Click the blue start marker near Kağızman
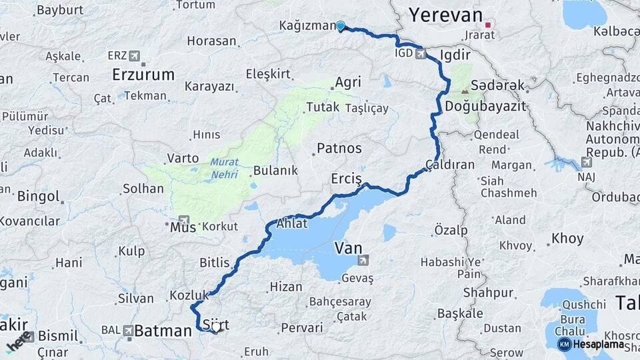341,26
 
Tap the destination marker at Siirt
215,329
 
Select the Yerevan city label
445,15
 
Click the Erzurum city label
143,73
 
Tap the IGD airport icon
421,53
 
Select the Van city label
348,249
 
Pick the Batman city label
163,331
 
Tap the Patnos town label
339,148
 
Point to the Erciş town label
346,179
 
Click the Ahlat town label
291,223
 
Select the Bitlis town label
214,263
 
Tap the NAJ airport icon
586,162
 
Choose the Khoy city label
567,239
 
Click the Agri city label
347,83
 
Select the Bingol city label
38,197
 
